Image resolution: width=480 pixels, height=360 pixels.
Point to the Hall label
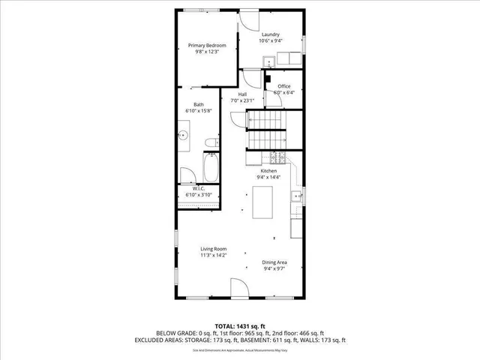(x=242, y=94)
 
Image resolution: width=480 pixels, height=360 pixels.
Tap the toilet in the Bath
(x=212, y=142)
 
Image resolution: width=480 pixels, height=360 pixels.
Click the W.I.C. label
(x=199, y=188)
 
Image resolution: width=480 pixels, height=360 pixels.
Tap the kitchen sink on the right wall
(x=296, y=197)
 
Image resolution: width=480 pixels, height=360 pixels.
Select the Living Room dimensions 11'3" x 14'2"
(x=213, y=256)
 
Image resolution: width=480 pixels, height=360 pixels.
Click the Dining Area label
(x=274, y=262)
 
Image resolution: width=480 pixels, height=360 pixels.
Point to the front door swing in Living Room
(x=238, y=289)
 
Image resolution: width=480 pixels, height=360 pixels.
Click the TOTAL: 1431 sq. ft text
(x=239, y=325)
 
